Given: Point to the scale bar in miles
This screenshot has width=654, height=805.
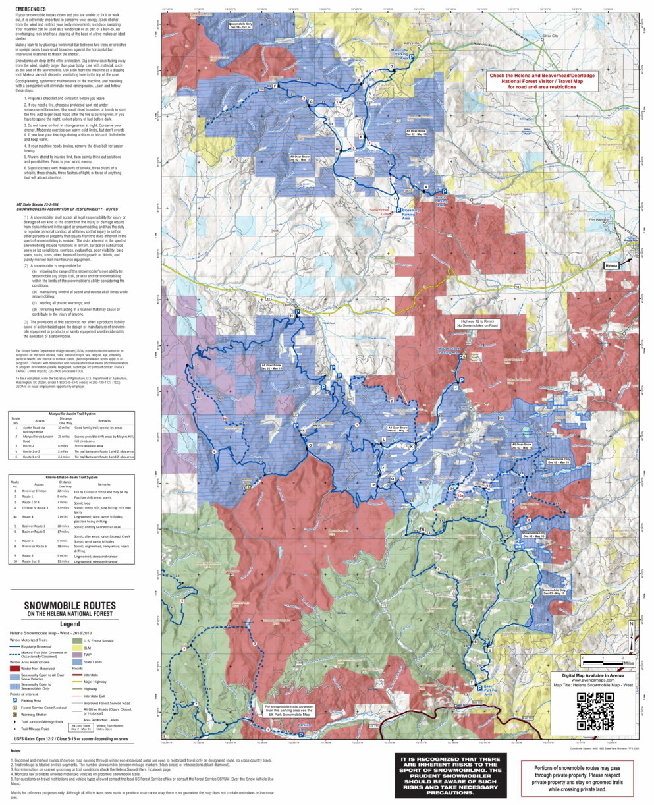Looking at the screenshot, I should pyautogui.click(x=605, y=659).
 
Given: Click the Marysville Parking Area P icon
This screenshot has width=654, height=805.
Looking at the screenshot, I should pyautogui.click(x=412, y=58).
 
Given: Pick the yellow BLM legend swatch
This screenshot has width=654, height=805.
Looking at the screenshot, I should pyautogui.click(x=78, y=648).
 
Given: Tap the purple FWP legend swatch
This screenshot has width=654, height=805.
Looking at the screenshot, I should pyautogui.click(x=78, y=655).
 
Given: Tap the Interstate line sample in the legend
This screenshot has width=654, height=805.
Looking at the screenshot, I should pyautogui.click(x=78, y=675).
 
